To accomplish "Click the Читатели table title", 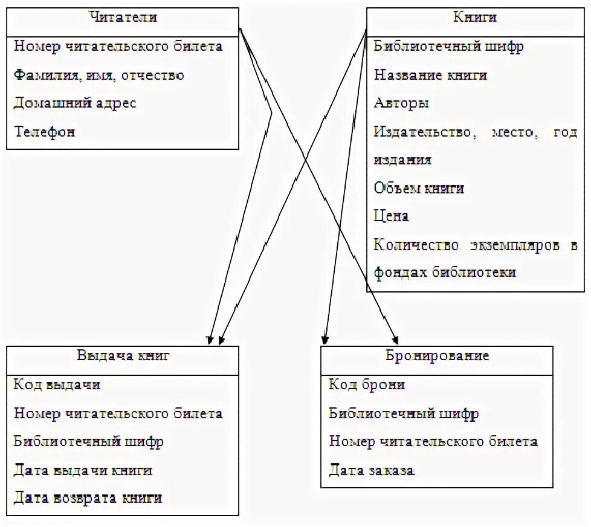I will (x=123, y=18).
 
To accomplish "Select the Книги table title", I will (x=475, y=18).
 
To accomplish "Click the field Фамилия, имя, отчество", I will (x=98, y=76).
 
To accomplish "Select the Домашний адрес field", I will (x=75, y=103).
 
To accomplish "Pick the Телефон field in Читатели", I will (x=44, y=132).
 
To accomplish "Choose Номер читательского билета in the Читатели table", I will (x=118, y=47).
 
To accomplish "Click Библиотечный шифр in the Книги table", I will (x=448, y=47).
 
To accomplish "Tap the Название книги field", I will (x=430, y=76).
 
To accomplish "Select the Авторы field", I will (x=401, y=103).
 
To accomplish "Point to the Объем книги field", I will (x=419, y=189).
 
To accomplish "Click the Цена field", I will (x=391, y=216).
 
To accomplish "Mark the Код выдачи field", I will (x=57, y=385).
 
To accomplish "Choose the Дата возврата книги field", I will (x=88, y=499).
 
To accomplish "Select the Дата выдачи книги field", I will (x=83, y=470).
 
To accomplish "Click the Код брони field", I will (x=367, y=385).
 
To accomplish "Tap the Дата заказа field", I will (x=372, y=470).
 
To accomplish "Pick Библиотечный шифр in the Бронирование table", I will (x=404, y=414).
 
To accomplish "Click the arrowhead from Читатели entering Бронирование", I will (x=396, y=339).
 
